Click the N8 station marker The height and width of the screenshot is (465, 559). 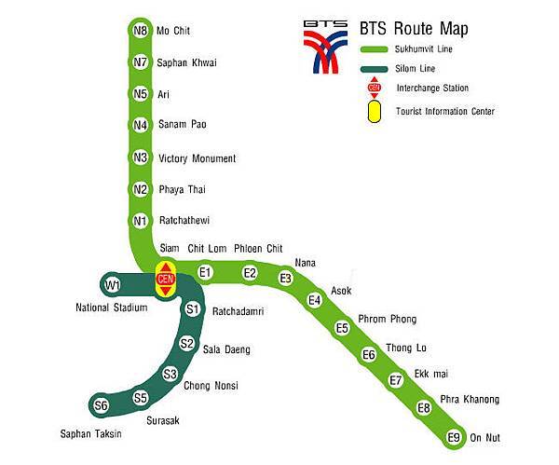coord(141,30)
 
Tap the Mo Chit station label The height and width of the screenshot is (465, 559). coord(173,31)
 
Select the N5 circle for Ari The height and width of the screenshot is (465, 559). coord(141,93)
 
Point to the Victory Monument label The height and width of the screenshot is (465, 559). coord(198,158)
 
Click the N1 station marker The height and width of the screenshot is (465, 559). coord(141,221)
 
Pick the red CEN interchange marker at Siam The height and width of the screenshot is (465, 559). coord(166,279)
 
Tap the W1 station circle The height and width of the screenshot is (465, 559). coord(113,283)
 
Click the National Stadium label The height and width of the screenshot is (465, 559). coord(111,307)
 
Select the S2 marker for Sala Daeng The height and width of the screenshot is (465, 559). coord(186,343)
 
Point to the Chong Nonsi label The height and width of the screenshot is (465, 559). coord(211,386)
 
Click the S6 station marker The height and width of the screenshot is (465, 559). coord(102,405)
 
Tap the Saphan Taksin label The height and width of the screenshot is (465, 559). coord(90,433)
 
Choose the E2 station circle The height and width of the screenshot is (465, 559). coord(250,272)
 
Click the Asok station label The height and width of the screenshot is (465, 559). coord(341,291)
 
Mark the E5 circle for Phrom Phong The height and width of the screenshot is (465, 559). coord(342,327)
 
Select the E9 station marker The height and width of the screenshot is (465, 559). coord(454,436)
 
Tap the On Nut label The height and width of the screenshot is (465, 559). coord(486,437)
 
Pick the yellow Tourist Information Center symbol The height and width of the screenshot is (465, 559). coord(375,111)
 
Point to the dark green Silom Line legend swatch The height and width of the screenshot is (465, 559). coord(375,67)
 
